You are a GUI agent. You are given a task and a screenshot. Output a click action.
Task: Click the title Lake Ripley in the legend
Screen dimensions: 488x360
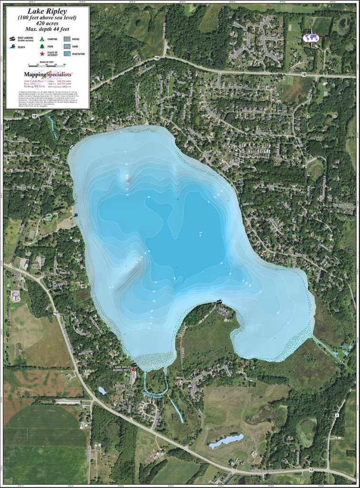[x=47, y=10]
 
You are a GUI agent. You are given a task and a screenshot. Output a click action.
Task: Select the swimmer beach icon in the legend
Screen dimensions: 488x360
[x=12, y=47]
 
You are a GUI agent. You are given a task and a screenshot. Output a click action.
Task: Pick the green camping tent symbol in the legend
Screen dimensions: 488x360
[x=42, y=39]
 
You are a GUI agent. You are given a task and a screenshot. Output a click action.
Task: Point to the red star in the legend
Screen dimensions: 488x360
[x=42, y=54]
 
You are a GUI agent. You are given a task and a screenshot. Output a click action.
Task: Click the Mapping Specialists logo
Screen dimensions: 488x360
[x=47, y=74]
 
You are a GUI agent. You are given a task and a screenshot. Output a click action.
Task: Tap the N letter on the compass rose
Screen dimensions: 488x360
[x=311, y=22]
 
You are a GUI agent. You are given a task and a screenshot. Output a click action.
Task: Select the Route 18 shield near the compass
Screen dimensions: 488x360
[x=304, y=74]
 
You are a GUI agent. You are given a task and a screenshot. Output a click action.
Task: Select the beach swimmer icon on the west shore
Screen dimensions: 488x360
[x=75, y=216]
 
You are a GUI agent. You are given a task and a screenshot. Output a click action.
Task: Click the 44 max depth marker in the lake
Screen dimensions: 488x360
[x=200, y=233]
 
